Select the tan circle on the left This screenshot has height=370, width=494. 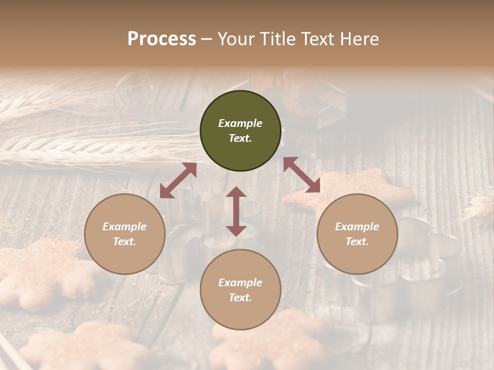point(125,234)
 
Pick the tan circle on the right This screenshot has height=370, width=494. point(357,234)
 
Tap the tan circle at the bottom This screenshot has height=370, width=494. point(240,290)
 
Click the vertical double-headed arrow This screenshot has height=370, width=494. point(236,211)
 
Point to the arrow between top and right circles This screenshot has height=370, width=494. point(302,175)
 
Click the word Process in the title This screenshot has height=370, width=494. point(162,39)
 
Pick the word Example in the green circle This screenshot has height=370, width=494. point(240,123)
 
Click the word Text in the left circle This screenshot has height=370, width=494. point(125,242)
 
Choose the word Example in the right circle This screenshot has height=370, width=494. point(357,227)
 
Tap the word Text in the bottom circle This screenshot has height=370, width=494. point(240,298)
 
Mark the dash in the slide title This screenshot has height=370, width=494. point(207,39)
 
